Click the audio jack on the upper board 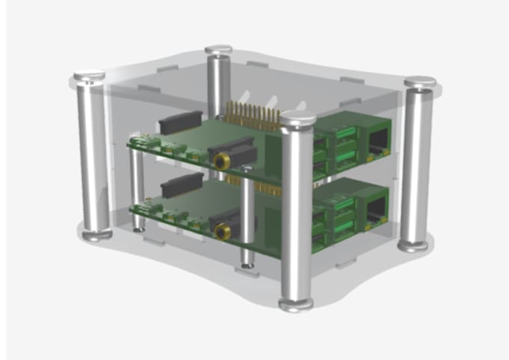pos(221,160)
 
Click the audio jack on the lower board pos(221,232)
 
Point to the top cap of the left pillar pos(89,76)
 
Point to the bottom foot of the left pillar pos(97,236)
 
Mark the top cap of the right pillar pos(420,82)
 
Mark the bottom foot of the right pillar pos(413,245)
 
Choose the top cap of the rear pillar pos(219,51)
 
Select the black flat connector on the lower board pos(182,183)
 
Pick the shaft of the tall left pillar pos(94,157)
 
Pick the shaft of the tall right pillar pos(416,165)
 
